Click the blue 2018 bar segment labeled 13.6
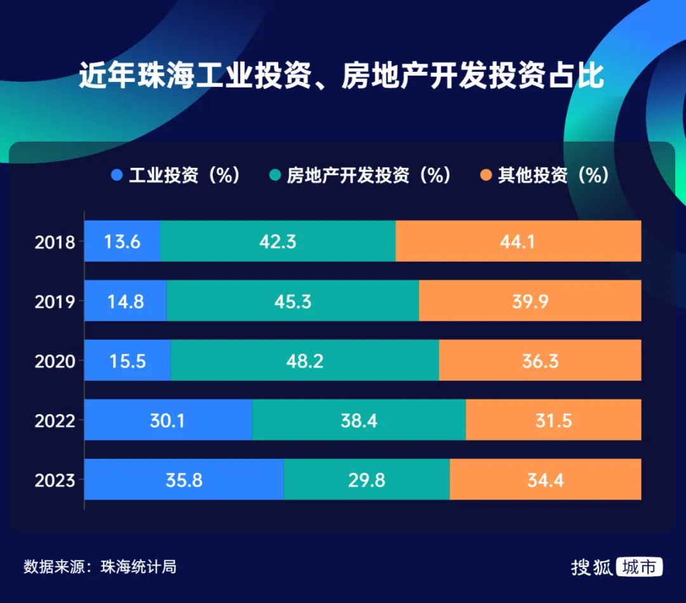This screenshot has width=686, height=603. click(x=122, y=241)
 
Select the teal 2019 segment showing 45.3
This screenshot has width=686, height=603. click(x=293, y=301)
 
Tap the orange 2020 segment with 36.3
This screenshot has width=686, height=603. click(x=540, y=360)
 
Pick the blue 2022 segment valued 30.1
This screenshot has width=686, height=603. click(x=168, y=420)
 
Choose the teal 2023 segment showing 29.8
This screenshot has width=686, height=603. click(x=367, y=479)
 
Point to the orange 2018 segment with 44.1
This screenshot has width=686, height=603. click(x=518, y=241)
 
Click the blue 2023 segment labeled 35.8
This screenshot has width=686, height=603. click(x=184, y=479)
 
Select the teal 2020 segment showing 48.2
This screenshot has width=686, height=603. click(x=304, y=360)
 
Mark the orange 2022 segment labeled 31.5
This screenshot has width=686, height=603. click(x=553, y=420)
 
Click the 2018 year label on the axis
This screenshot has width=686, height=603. click(x=55, y=242)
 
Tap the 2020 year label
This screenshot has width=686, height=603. click(x=55, y=361)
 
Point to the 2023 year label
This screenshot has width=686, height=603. click(x=55, y=480)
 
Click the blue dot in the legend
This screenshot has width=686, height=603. click(x=116, y=175)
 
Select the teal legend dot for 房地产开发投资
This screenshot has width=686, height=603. click(x=274, y=175)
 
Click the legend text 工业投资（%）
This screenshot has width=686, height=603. click(x=184, y=175)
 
